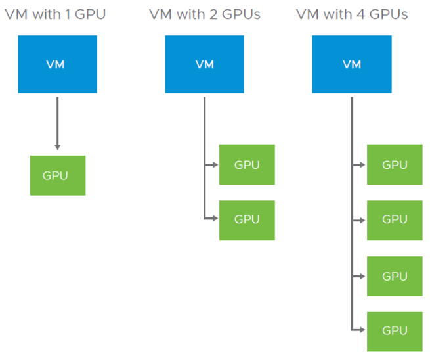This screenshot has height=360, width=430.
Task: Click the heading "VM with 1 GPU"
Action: [55, 14]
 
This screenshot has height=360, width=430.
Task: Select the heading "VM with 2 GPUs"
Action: [204, 14]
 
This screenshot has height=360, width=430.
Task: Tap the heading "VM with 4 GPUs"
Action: [352, 14]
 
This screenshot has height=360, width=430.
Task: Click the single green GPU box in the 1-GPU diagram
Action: [58, 175]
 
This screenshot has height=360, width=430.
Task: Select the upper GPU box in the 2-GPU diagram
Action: [247, 164]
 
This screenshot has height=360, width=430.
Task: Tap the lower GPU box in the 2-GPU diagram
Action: [247, 220]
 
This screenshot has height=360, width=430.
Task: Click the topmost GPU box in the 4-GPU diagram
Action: [395, 164]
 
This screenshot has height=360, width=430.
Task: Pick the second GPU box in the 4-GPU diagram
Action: [395, 220]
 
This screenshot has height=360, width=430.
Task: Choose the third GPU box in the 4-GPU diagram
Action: [395, 276]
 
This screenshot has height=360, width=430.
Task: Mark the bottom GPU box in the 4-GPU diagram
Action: [395, 330]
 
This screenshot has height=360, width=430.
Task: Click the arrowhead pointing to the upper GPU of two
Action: [215, 164]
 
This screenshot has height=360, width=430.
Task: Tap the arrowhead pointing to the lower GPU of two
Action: [215, 220]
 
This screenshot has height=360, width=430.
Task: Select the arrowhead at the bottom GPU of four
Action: [362, 330]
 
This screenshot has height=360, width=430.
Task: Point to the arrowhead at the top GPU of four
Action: [362, 164]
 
